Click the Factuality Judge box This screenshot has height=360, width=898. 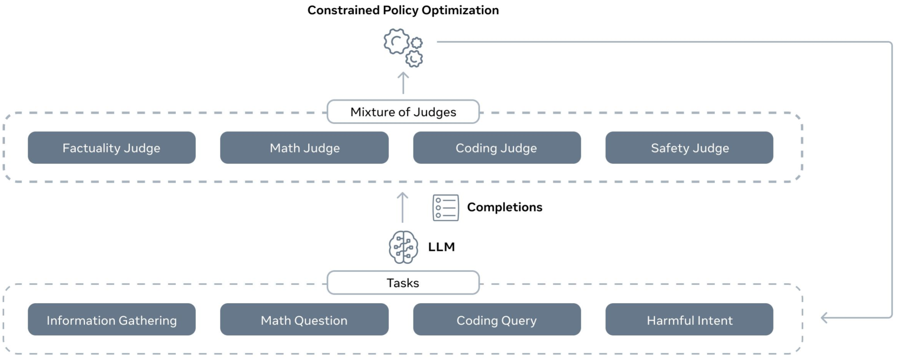coord(111,148)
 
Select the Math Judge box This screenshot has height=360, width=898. coord(304,148)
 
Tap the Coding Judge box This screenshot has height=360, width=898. coord(496,148)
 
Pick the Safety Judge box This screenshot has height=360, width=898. coord(689,148)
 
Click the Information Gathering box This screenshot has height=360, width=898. coord(111,319)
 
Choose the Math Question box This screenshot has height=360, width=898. coord(304,319)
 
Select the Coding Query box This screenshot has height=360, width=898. coord(496,319)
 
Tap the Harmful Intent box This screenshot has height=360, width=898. coord(689,319)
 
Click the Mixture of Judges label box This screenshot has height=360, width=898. coord(403,112)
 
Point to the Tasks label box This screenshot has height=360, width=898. coord(403,283)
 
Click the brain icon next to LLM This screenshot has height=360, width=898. coord(403,247)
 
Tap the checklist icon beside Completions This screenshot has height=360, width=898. coord(445,208)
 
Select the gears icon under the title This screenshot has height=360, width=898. coord(403,48)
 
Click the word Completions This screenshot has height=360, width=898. coord(504,207)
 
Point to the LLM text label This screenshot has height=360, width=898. coord(441,247)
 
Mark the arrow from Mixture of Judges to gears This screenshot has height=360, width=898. coord(403,83)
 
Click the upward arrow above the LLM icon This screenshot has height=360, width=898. coord(402,208)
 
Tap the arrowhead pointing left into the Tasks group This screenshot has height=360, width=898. coord(824,318)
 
